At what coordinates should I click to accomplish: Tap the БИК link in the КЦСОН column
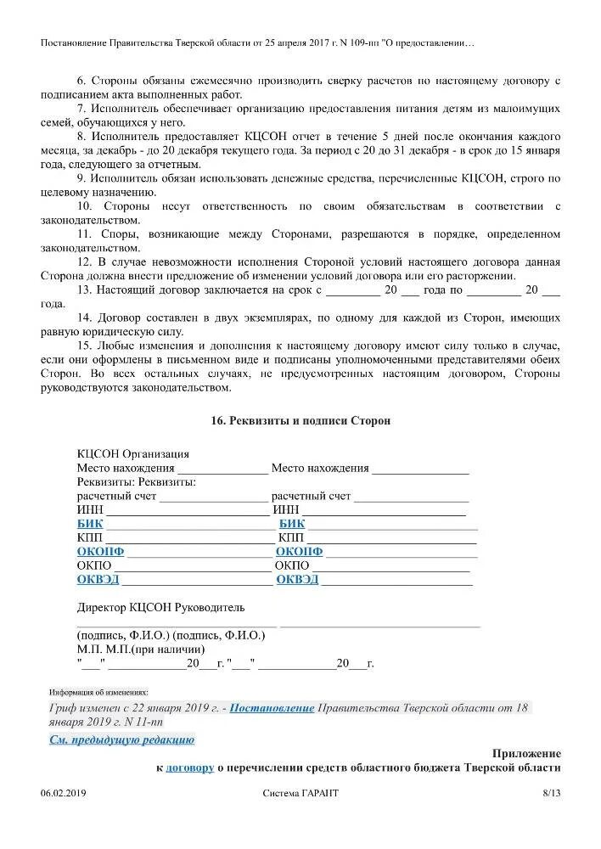tap(89, 524)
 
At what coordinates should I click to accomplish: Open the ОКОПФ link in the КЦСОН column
tap(100, 551)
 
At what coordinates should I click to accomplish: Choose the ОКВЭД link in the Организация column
tap(297, 579)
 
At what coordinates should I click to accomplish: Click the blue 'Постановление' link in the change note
tap(272, 708)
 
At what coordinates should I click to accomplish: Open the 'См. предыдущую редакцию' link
tap(121, 739)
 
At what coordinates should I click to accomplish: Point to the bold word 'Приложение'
tap(526, 753)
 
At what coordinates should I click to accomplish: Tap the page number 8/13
tap(551, 793)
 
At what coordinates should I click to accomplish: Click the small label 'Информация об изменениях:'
tap(98, 692)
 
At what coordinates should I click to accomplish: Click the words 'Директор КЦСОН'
tap(124, 607)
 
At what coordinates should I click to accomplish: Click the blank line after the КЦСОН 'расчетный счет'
tap(213, 497)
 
